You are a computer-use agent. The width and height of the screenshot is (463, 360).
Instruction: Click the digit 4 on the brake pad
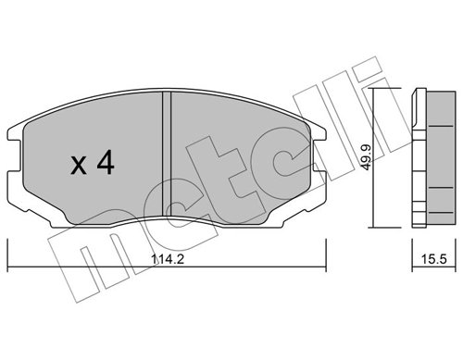coord(104,165)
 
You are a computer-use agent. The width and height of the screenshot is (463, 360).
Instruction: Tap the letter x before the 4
coord(80,167)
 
